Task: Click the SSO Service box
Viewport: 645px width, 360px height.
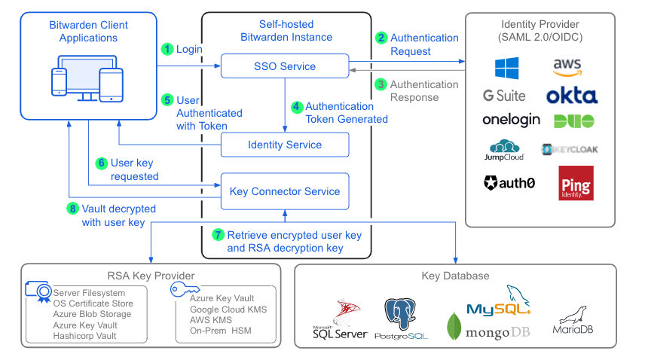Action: tap(284, 66)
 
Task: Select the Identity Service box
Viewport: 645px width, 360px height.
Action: tap(284, 145)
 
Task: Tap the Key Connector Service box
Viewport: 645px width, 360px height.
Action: tap(284, 191)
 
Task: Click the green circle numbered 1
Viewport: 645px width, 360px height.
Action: tap(167, 49)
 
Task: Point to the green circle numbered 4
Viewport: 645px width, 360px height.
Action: tap(296, 107)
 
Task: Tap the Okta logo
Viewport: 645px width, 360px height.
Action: tap(573, 96)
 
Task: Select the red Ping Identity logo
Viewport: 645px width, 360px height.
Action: tap(576, 183)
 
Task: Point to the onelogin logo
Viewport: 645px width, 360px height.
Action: tap(511, 120)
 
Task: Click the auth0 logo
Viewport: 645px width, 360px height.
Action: tap(509, 182)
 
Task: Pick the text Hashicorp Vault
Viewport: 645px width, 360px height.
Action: tap(84, 335)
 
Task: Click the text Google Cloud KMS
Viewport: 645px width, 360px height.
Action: tap(228, 310)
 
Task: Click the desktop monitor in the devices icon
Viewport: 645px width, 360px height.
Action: tap(82, 72)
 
